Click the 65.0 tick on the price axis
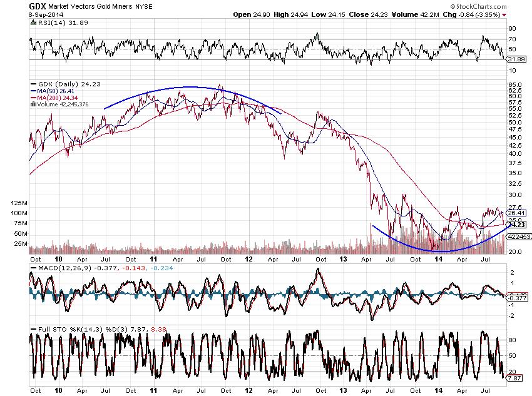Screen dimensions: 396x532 click(x=514, y=84)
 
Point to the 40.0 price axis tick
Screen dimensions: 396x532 click(x=514, y=153)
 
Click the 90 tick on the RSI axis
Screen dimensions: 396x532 click(x=511, y=29)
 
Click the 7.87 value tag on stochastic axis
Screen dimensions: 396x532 click(x=514, y=378)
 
